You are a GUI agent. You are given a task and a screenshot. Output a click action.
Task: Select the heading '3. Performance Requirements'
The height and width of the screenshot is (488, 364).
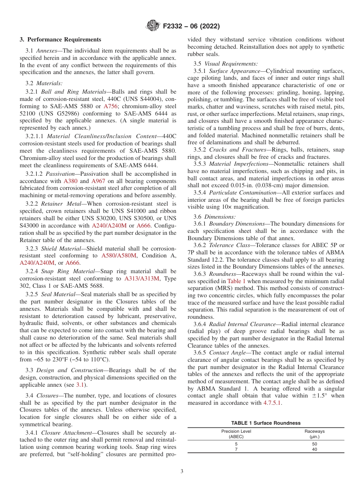tap(61, 40)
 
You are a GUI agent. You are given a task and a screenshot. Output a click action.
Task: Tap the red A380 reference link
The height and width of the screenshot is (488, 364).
tap(71, 181)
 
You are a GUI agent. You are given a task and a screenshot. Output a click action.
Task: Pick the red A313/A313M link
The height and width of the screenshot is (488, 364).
tap(143, 279)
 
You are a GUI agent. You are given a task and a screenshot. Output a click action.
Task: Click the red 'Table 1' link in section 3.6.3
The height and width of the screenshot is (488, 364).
tap(236, 281)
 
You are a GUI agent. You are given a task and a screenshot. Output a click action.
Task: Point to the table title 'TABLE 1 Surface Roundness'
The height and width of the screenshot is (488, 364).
tap(266, 423)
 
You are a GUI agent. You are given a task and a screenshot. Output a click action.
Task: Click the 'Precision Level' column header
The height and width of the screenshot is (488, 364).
tap(236, 431)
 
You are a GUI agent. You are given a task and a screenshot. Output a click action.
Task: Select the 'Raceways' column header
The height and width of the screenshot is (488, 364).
tap(315, 431)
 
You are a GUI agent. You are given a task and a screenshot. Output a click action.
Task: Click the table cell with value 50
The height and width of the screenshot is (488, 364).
tap(315, 444)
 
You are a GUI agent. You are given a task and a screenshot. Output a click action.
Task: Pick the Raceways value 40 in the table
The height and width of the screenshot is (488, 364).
tap(315, 449)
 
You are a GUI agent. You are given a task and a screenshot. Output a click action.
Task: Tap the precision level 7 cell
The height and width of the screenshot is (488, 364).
tap(236, 449)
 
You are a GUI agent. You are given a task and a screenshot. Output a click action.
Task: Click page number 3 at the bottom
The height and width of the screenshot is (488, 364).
tap(182, 472)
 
